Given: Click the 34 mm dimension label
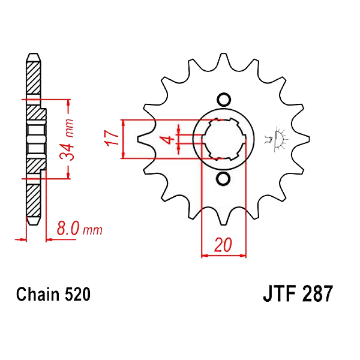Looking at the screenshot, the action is (67, 140).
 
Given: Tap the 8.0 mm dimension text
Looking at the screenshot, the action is (79, 229).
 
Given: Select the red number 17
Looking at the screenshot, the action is (112, 138).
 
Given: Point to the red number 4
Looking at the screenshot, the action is (169, 140).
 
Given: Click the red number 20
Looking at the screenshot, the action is (223, 245).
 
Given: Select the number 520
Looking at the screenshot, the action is (77, 295).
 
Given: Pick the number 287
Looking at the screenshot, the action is (317, 293).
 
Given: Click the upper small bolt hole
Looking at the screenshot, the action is (224, 100).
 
